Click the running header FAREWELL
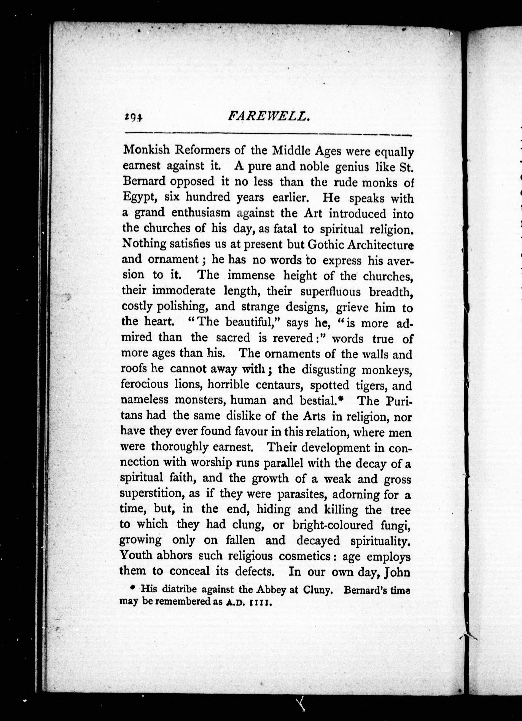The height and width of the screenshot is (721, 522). click(x=269, y=117)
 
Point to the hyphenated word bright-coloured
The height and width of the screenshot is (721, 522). click(x=333, y=525)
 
